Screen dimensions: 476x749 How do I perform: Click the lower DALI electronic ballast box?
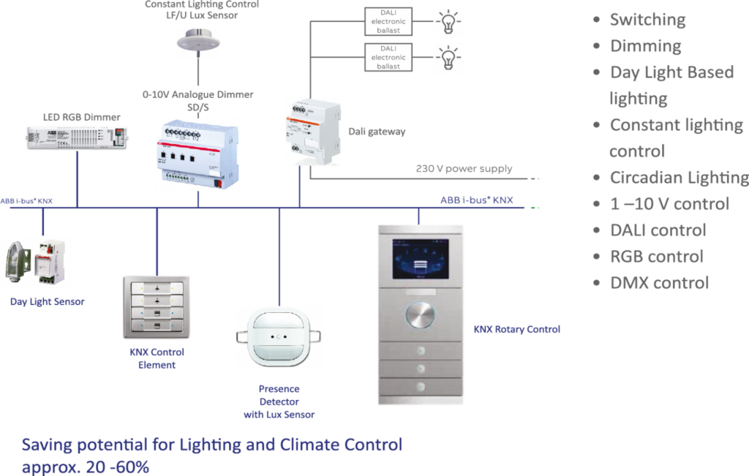coord(388,57)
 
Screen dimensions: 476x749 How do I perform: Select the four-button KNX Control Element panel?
coord(157,307)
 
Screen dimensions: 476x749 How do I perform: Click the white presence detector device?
coord(279,339)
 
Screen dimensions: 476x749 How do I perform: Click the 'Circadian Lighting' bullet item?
coord(678,178)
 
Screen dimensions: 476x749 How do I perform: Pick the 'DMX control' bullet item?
coord(659,283)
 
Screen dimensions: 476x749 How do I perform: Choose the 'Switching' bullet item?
coord(647,20)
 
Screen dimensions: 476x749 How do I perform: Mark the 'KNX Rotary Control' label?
coord(517,330)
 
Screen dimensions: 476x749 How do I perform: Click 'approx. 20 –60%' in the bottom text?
coord(86,466)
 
